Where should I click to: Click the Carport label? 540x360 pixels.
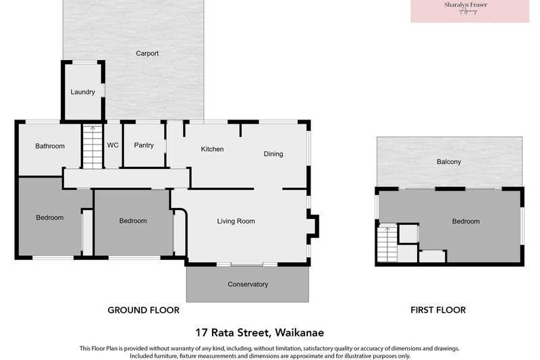[147, 53]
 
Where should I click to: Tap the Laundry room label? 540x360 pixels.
[82, 92]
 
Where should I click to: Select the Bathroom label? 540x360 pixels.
[50, 146]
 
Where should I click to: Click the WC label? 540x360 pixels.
[113, 145]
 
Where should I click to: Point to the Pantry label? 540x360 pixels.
[144, 145]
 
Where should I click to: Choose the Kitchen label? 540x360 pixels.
[212, 149]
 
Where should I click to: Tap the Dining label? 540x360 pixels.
[273, 154]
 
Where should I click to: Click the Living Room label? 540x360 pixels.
[236, 221]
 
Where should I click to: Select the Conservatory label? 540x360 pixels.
[248, 284]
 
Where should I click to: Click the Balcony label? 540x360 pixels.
[449, 161]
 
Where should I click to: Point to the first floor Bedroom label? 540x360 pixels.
[466, 222]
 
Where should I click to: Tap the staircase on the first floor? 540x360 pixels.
[386, 244]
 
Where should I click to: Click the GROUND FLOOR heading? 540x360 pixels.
[144, 311]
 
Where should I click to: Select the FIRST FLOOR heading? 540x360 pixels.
[438, 311]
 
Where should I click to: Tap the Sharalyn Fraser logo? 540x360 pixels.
[470, 9]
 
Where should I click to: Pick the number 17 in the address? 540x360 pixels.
[201, 332]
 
